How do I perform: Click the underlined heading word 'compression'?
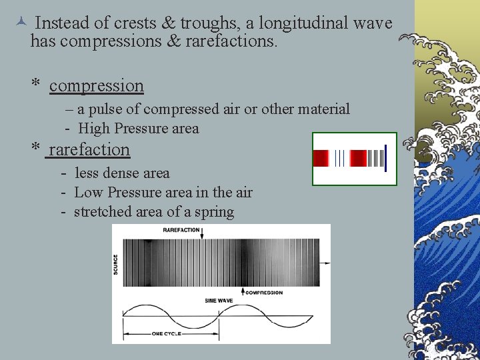coord(96,86)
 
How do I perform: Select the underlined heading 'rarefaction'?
coord(89,149)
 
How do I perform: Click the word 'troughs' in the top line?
coord(203,23)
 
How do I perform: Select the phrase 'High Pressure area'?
coord(138,128)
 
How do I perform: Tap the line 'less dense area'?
coord(122,173)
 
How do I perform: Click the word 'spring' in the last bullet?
coord(213,212)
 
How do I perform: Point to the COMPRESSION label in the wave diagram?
coord(265,292)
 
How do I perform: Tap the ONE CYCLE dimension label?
coord(167,333)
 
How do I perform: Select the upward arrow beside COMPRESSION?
coord(242,291)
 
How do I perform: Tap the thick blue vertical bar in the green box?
coord(385,159)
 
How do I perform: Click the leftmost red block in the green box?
coord(321,159)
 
